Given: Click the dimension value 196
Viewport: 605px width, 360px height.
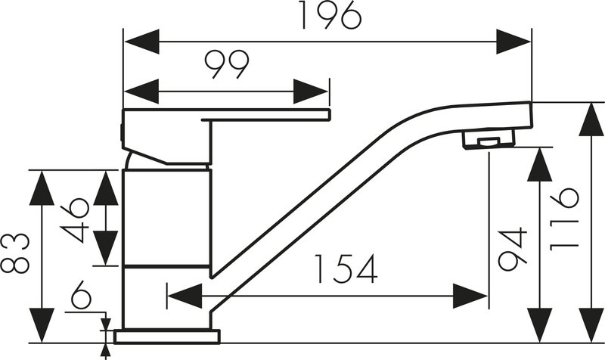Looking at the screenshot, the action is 330,15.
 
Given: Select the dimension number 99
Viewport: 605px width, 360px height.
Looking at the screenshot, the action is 226,64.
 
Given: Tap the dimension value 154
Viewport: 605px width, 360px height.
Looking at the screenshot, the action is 346,269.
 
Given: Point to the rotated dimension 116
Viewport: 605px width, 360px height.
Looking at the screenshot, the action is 564,219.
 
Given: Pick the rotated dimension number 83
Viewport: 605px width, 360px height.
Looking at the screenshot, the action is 15,253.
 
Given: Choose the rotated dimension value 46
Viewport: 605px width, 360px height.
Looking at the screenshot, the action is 75,220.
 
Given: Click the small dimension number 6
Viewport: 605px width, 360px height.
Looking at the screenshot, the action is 81,295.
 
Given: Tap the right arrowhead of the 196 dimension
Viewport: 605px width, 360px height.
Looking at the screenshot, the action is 513,42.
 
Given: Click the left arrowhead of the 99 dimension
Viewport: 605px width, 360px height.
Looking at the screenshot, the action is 141,92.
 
